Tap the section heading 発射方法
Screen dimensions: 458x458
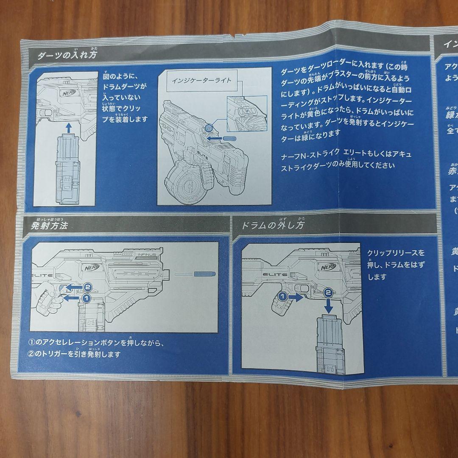[49, 225]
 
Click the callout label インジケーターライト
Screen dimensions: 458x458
[201, 81]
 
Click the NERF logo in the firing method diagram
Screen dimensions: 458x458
[94, 268]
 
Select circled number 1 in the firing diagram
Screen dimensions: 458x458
[85, 298]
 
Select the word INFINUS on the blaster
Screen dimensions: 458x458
[147, 255]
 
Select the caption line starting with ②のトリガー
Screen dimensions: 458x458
[75, 354]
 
